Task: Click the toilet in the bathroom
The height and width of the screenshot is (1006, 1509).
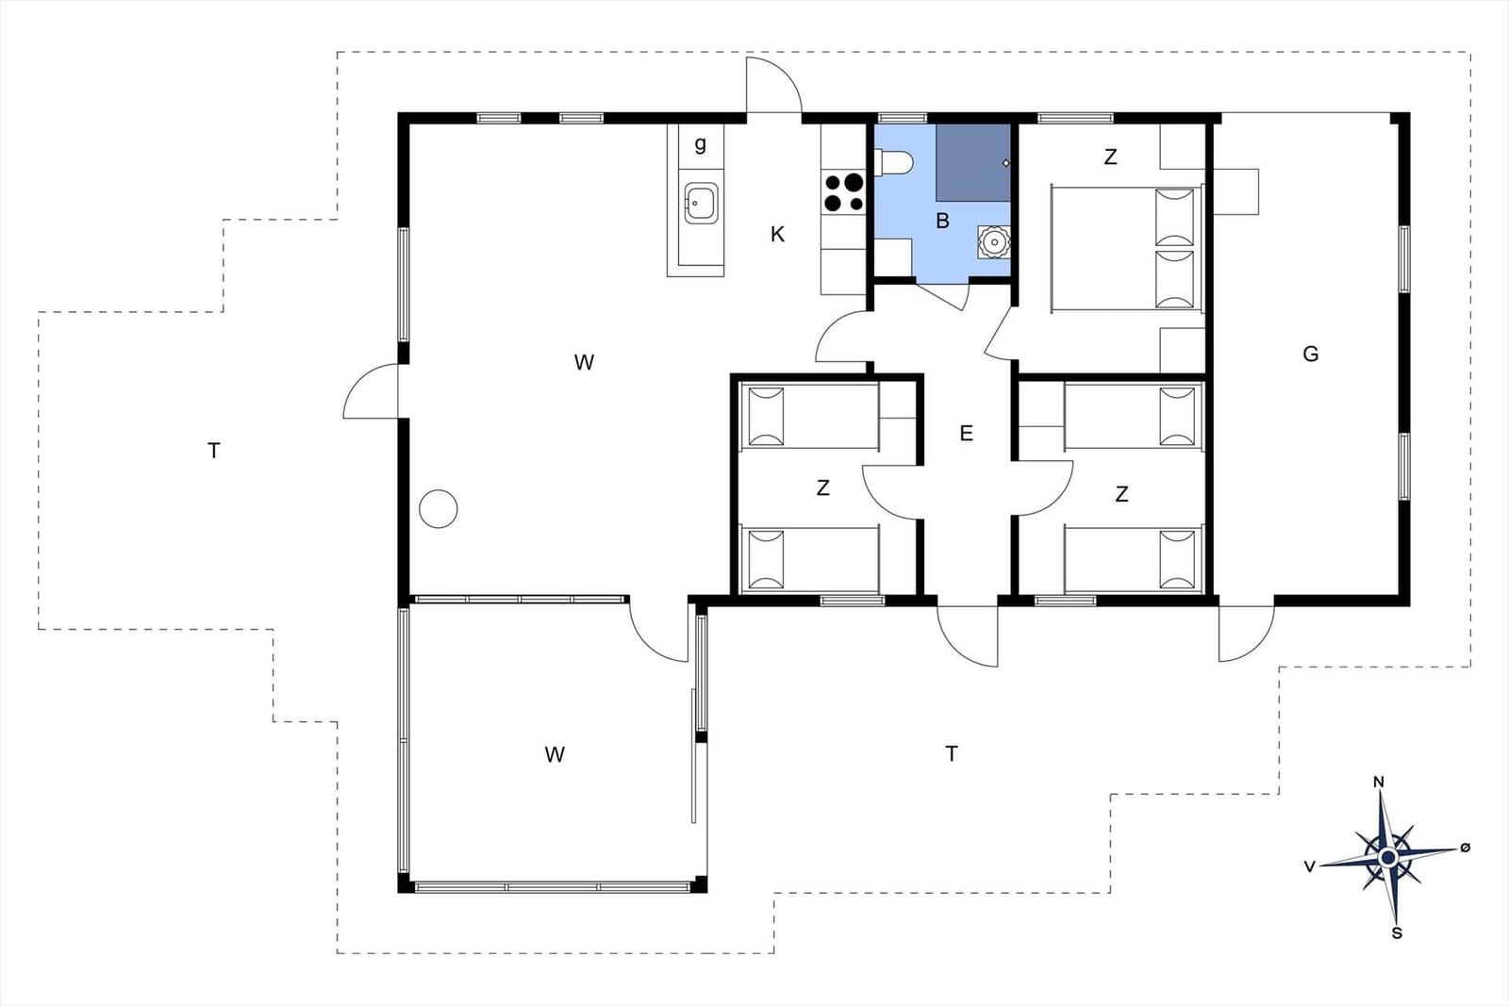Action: coord(893,163)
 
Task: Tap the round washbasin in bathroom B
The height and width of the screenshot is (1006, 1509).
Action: coord(993,241)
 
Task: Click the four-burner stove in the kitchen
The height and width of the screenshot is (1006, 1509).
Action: coord(843,192)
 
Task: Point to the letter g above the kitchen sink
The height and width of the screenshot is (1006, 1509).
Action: coord(700,144)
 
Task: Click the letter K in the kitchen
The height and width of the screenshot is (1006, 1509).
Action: coord(777,235)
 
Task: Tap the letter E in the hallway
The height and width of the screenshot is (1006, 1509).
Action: coord(966,434)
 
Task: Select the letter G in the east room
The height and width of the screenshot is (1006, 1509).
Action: coord(1310,355)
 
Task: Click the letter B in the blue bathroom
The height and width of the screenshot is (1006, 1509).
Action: coord(942,222)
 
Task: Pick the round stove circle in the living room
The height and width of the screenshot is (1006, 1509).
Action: coord(438,509)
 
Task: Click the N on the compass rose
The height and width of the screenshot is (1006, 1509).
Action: coord(1378,782)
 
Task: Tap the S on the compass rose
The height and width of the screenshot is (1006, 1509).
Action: coord(1397,933)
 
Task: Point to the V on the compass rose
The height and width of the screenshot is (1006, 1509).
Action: coord(1310,866)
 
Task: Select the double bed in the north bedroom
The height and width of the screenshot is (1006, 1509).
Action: coord(1126,248)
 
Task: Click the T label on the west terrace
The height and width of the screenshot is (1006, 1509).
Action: coord(214,451)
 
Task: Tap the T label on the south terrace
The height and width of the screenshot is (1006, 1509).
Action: coord(952,753)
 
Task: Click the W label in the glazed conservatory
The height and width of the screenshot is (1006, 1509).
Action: coord(555,754)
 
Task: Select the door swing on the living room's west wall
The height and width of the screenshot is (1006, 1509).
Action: coord(371,391)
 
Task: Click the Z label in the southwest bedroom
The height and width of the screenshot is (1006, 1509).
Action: coord(822,488)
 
